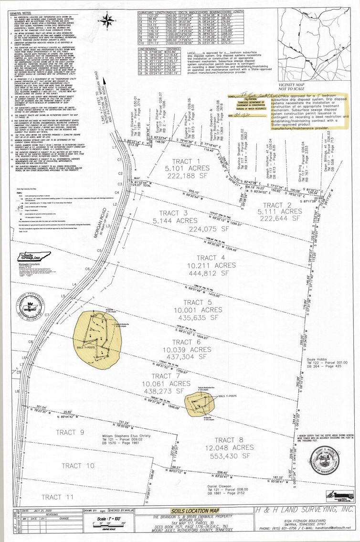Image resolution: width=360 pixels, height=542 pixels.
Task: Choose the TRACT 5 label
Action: coord(194,302)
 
